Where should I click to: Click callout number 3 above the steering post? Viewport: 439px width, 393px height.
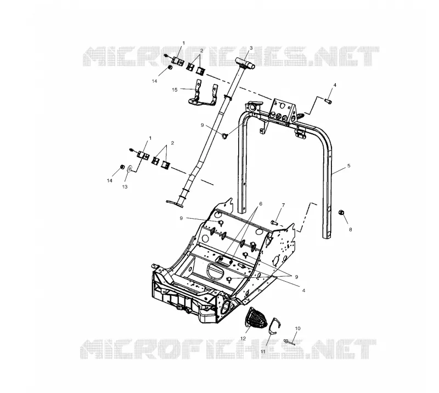click(251, 48)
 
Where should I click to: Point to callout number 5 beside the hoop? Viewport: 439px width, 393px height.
click(348, 166)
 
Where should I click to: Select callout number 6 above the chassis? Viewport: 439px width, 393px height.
click(261, 204)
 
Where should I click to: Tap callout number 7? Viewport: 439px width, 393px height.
click(283, 206)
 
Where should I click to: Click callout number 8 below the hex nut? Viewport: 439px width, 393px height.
click(350, 230)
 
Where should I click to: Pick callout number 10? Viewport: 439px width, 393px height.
click(297, 328)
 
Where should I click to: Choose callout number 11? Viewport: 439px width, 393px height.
click(263, 351)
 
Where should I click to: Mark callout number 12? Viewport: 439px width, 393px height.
click(243, 338)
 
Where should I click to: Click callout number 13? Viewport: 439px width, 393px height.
click(125, 186)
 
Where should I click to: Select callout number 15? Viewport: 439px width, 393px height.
click(175, 90)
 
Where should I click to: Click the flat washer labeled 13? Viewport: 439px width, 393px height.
click(130, 169)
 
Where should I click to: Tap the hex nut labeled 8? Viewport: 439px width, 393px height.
click(341, 212)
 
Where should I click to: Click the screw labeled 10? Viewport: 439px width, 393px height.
click(290, 342)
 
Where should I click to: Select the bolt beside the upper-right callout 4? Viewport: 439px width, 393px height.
click(328, 100)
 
